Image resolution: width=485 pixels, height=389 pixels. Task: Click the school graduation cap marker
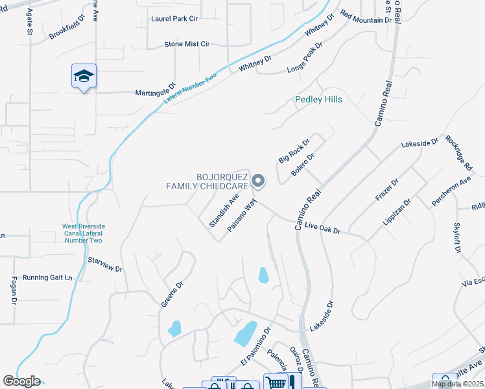click(84, 77)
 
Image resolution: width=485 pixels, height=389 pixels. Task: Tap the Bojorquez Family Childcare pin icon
click(258, 181)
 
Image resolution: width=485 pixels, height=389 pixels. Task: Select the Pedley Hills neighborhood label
click(318, 100)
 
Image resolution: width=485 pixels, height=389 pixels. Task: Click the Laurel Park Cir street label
click(174, 19)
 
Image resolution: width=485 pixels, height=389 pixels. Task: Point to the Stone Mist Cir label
click(187, 44)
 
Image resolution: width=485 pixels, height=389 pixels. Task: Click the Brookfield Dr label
click(67, 30)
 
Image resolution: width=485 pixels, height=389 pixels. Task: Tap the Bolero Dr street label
click(302, 165)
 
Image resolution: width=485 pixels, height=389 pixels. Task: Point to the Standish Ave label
click(224, 210)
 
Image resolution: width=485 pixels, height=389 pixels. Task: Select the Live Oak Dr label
click(322, 228)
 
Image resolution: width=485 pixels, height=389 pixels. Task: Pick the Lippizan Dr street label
click(397, 213)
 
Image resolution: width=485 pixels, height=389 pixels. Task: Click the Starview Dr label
click(104, 265)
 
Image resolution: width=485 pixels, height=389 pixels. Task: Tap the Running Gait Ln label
click(47, 277)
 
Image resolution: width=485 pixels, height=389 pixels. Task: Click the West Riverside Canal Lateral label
click(83, 233)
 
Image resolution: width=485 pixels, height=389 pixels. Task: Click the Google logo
click(21, 381)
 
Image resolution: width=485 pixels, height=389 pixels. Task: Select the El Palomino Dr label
click(255, 351)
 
